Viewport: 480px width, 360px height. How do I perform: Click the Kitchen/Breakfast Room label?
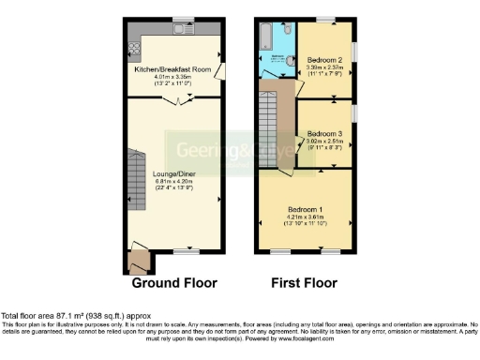pos(173,67)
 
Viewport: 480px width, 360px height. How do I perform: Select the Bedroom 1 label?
pos(307,208)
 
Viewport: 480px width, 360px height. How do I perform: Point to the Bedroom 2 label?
pos(324,60)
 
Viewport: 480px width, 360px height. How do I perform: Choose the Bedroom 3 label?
pos(324,134)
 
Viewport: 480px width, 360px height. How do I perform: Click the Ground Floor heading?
pos(174,282)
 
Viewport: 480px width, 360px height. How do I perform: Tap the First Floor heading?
pos(306,282)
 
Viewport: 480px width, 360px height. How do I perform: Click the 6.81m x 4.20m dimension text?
pos(173,181)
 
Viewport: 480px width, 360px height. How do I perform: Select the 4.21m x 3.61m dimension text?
pos(307,216)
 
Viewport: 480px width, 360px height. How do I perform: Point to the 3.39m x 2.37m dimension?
pos(324,67)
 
